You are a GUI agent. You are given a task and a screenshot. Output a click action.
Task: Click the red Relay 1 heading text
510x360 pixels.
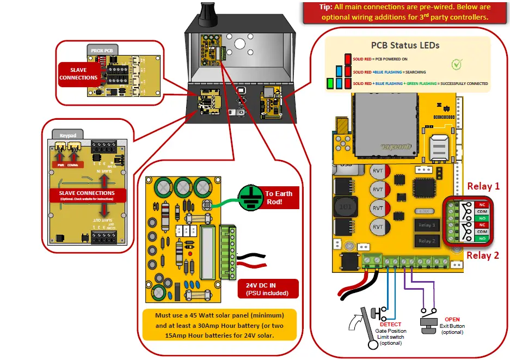483,186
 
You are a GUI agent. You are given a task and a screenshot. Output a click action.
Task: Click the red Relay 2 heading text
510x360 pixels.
483,255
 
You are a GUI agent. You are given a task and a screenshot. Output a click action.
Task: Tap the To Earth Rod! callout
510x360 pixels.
279,197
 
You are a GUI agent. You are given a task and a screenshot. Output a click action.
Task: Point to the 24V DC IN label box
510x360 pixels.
268,289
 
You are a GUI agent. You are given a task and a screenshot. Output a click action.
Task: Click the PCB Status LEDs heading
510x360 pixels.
405,45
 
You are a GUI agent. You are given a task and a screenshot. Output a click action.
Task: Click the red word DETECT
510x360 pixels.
390,324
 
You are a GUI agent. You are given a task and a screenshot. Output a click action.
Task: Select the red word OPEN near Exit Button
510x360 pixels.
452,320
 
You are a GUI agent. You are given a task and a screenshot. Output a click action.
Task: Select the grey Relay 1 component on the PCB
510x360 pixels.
426,225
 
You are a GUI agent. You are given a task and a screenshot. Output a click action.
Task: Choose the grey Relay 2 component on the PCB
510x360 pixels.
426,240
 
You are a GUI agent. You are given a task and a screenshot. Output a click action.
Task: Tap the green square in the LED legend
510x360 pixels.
329,84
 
